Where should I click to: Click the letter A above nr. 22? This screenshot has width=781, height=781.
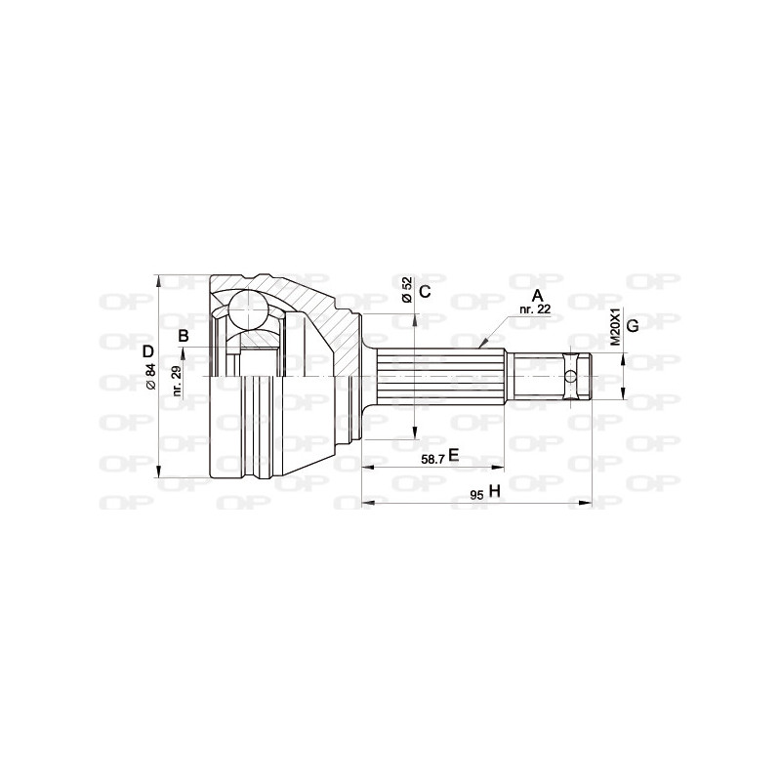pos(536,294)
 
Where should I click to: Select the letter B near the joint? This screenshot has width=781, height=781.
pos(183,337)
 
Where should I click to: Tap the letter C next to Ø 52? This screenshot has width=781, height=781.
pos(425,292)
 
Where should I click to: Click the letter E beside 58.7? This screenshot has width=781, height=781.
pos(453,456)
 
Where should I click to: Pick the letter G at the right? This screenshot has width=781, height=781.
pos(632,325)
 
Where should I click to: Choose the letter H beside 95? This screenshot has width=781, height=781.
pos(494,492)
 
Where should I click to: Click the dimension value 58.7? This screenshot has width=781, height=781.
pos(429,457)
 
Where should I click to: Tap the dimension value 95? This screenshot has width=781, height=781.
pos(476,494)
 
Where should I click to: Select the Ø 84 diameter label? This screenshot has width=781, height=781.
pos(149,376)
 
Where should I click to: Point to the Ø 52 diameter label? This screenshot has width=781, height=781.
pos(406,292)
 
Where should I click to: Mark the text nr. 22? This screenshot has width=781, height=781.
pos(534,308)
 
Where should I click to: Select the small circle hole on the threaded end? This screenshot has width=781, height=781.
pos(570,375)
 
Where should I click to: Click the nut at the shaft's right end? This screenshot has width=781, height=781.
pos(583,375)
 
